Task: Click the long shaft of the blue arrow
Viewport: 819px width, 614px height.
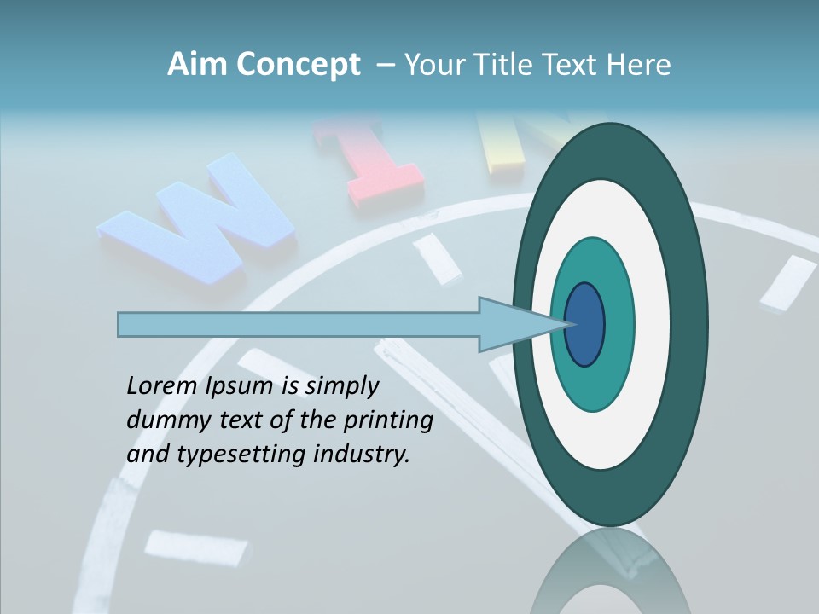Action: point(299,325)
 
